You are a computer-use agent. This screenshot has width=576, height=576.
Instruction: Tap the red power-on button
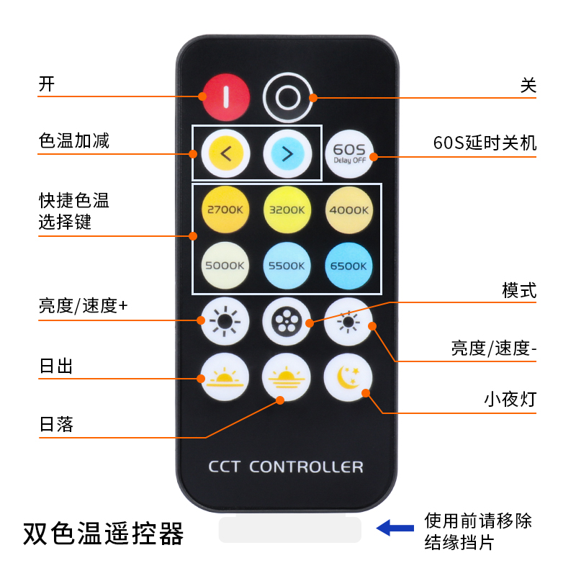(x=226, y=97)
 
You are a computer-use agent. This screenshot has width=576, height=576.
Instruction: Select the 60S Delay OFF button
(x=349, y=154)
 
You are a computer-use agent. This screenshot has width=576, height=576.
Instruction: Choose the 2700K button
(x=225, y=210)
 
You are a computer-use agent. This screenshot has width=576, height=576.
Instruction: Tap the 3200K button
(x=287, y=210)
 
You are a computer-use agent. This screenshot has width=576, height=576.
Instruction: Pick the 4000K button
(x=348, y=210)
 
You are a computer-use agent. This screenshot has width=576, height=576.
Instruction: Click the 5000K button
(x=225, y=265)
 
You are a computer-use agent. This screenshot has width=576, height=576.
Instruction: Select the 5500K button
(x=287, y=266)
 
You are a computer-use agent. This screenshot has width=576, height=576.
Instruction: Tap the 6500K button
(x=348, y=266)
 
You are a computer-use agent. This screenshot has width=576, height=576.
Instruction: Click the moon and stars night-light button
(x=348, y=377)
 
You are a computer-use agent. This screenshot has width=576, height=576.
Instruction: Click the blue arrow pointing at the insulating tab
(x=395, y=528)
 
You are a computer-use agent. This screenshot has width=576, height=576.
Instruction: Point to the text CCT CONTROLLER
(x=286, y=467)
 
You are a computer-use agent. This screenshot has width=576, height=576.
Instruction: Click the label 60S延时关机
(x=485, y=143)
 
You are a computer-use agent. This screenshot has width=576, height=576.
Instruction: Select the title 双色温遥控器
(x=103, y=534)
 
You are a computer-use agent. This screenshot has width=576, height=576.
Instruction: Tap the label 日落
(x=56, y=424)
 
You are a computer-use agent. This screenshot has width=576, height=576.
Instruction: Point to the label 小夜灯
(x=510, y=400)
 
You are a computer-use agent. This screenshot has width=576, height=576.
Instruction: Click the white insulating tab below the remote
(x=290, y=528)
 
